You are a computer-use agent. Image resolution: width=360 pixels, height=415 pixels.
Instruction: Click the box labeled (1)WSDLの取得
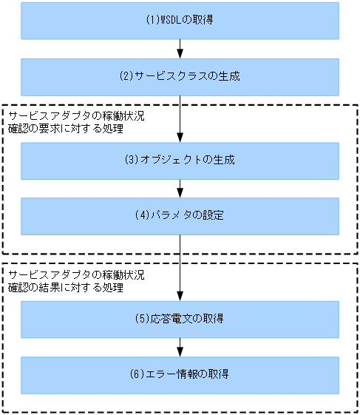click(180, 20)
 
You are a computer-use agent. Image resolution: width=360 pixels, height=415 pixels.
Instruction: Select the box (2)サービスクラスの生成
click(180, 76)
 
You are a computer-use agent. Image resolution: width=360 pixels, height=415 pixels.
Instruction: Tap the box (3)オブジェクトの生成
click(180, 161)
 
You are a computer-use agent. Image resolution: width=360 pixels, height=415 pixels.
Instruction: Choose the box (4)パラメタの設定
click(180, 216)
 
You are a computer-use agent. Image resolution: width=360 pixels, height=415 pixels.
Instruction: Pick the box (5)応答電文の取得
click(180, 319)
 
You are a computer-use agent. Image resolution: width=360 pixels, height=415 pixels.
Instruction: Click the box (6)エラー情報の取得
click(180, 374)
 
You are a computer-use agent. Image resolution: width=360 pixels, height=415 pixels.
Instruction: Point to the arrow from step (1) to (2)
click(180, 49)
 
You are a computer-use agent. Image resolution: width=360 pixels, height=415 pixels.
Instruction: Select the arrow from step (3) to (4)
click(180, 189)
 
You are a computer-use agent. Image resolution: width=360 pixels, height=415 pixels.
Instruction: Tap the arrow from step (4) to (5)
click(180, 268)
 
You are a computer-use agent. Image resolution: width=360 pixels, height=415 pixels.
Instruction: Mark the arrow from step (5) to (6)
click(180, 347)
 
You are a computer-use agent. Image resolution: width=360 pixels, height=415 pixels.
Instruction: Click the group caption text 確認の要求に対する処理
click(66, 129)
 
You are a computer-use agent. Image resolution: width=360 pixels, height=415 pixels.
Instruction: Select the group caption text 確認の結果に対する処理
click(66, 288)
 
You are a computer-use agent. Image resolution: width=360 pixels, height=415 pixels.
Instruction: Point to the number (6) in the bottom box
click(137, 374)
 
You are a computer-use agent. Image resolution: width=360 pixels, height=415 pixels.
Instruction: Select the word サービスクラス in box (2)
click(171, 76)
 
